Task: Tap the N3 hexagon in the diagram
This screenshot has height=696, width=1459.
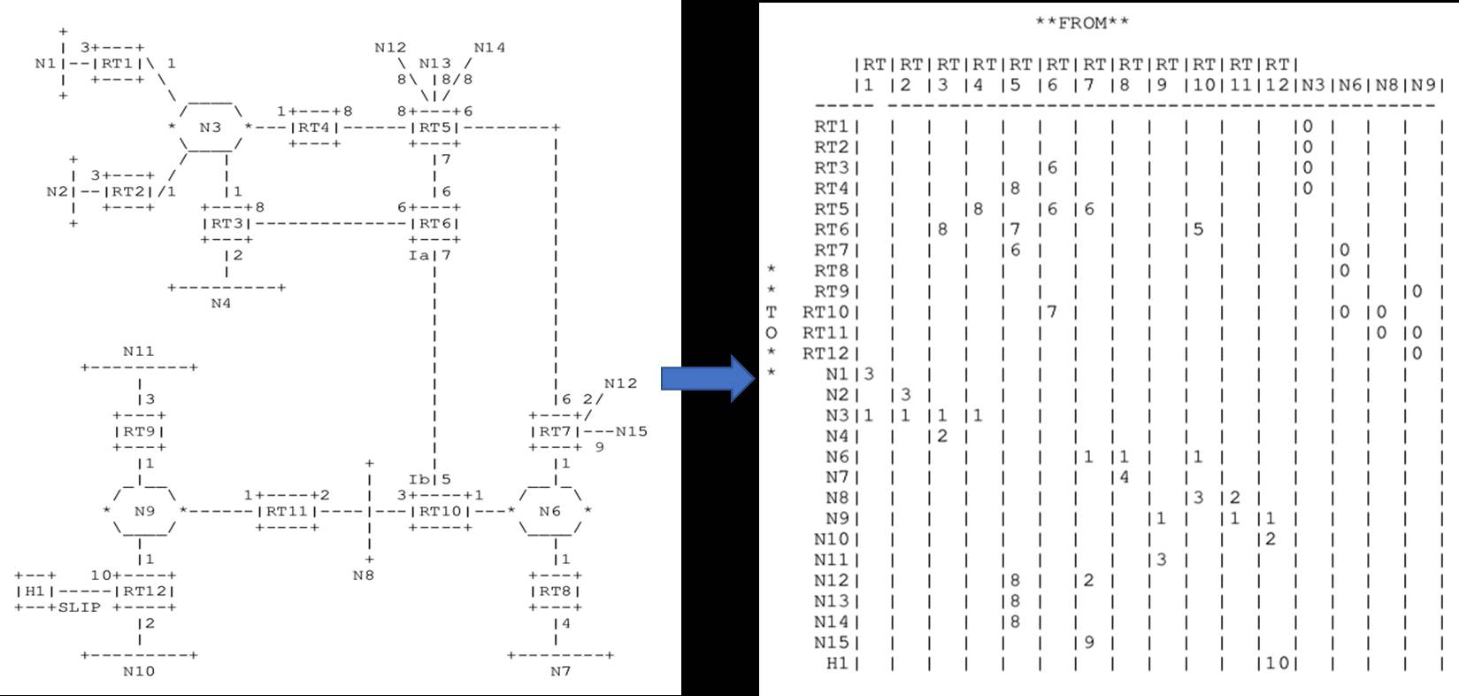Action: point(210,128)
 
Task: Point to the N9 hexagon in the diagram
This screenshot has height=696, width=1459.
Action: point(144,511)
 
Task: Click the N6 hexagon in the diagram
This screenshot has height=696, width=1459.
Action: point(549,511)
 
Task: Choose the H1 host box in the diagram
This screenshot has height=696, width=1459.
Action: point(35,592)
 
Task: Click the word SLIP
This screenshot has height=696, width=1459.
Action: point(80,607)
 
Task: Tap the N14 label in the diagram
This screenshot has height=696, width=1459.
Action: point(489,48)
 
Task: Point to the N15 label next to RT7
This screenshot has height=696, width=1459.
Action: point(632,431)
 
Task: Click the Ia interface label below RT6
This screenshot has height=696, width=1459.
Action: point(419,255)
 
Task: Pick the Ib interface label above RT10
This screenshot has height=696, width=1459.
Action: point(419,479)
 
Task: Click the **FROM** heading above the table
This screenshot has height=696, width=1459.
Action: point(1081,23)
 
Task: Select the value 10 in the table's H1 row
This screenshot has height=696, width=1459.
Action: point(1277,662)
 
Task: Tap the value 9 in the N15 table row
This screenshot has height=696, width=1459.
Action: point(1088,642)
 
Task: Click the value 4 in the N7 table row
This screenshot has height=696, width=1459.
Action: point(1125,477)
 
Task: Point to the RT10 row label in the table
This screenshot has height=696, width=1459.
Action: point(825,312)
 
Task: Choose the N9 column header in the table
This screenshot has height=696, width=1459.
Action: point(1423,85)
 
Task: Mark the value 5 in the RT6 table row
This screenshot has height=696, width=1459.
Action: point(1198,229)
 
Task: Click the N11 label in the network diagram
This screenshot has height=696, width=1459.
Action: point(138,352)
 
